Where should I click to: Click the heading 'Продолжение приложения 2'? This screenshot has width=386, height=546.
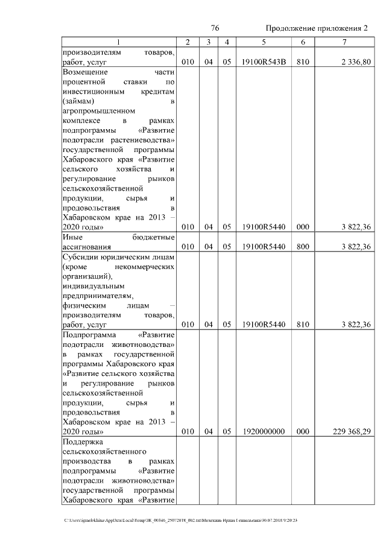click(x=316, y=29)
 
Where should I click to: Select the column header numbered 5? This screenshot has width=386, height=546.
click(x=264, y=42)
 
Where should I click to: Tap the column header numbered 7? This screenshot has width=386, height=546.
click(x=344, y=42)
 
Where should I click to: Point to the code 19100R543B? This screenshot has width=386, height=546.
click(x=264, y=62)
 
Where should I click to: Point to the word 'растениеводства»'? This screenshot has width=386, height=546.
click(x=147, y=140)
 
